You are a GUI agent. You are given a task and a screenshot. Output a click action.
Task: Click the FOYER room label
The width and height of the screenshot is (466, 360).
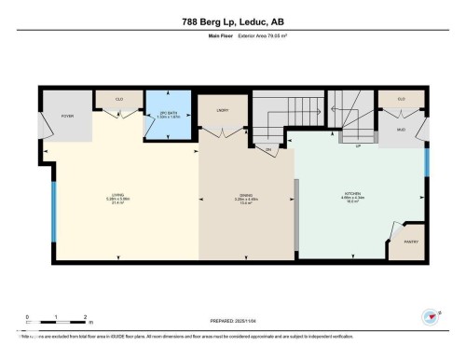coord(67,117)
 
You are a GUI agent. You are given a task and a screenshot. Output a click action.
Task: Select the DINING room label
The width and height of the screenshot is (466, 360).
coord(246,195)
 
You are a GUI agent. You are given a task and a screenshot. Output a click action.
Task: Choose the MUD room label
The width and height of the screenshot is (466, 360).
coord(401,130)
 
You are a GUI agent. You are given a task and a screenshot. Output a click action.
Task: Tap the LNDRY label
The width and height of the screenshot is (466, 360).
coord(223,110)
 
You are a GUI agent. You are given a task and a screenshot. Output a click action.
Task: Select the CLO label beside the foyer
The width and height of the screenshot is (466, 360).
coord(120,98)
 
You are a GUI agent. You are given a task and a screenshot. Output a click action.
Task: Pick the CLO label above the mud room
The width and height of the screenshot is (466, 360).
coord(401,98)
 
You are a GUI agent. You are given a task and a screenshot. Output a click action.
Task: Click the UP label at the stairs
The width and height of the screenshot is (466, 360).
coord(358,146)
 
